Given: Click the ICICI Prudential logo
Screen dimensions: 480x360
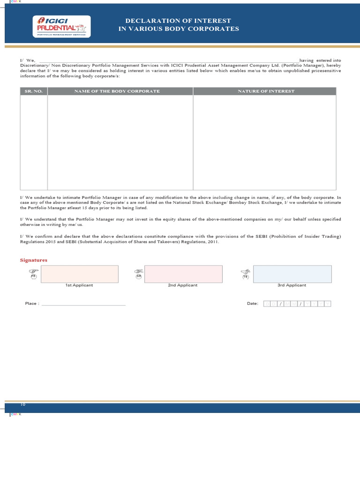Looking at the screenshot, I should [x=60, y=26].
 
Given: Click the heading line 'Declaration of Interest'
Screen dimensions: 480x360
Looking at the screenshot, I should [x=178, y=21].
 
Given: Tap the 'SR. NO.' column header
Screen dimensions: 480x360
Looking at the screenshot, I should [x=34, y=91].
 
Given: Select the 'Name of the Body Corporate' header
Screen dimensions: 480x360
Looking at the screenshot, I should [x=117, y=91].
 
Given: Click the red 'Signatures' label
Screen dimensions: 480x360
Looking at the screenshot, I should [x=33, y=260].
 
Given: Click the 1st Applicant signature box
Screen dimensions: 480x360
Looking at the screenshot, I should [x=79, y=274].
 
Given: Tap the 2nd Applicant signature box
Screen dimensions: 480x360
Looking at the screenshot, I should [x=183, y=274].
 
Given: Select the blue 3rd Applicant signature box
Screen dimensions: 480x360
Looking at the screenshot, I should [x=292, y=274].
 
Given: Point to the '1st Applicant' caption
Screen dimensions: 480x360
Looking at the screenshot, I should [x=79, y=285].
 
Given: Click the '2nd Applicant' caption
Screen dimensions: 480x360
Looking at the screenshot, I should [x=183, y=285].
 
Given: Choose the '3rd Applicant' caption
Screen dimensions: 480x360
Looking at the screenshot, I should [x=292, y=285].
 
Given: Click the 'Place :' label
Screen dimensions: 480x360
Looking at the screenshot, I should [x=31, y=304].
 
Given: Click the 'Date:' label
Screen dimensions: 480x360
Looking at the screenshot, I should [x=253, y=304].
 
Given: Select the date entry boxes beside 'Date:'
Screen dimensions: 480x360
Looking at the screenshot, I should [x=297, y=304].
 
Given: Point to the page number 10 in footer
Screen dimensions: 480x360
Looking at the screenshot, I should [x=23, y=404].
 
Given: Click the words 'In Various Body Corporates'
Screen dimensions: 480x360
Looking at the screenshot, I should [x=178, y=29].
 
